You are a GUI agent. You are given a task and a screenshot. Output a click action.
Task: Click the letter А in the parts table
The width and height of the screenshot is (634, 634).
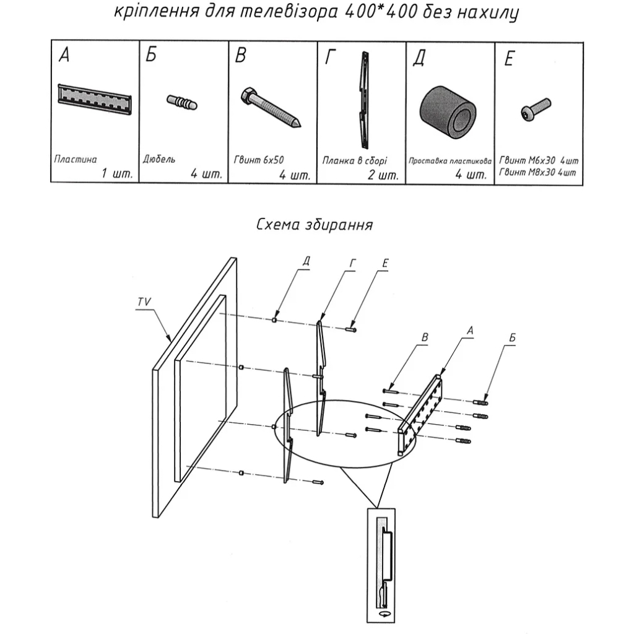(x=64, y=56)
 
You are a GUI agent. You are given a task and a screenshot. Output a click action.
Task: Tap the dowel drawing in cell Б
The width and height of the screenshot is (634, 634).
(x=182, y=102)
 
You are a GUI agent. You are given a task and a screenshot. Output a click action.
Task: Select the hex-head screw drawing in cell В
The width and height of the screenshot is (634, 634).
(x=270, y=106)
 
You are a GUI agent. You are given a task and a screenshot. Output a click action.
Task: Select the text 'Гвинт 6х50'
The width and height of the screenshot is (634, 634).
(x=259, y=159)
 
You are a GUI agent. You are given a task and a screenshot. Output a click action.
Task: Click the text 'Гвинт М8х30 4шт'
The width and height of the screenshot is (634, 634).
(x=537, y=172)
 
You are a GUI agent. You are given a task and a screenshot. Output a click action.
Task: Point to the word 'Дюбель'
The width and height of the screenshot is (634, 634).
(x=159, y=159)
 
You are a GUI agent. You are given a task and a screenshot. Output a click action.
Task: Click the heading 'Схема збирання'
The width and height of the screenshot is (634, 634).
(x=315, y=224)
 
